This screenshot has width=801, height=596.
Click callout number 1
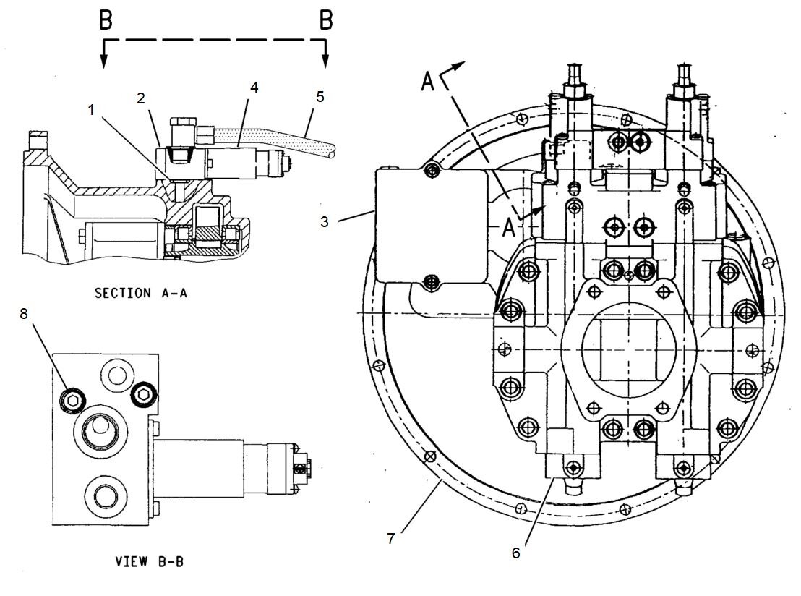[91, 109]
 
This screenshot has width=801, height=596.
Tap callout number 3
[325, 221]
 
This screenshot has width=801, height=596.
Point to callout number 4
[254, 87]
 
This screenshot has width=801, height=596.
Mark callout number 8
[25, 315]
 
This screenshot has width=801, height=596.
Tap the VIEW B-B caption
[150, 561]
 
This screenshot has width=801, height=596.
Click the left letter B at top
[106, 20]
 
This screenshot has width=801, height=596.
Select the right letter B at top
[326, 20]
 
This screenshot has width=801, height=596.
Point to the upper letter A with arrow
[428, 82]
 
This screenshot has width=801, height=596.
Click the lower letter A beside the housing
[508, 228]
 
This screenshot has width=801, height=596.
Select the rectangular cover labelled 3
[430, 224]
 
